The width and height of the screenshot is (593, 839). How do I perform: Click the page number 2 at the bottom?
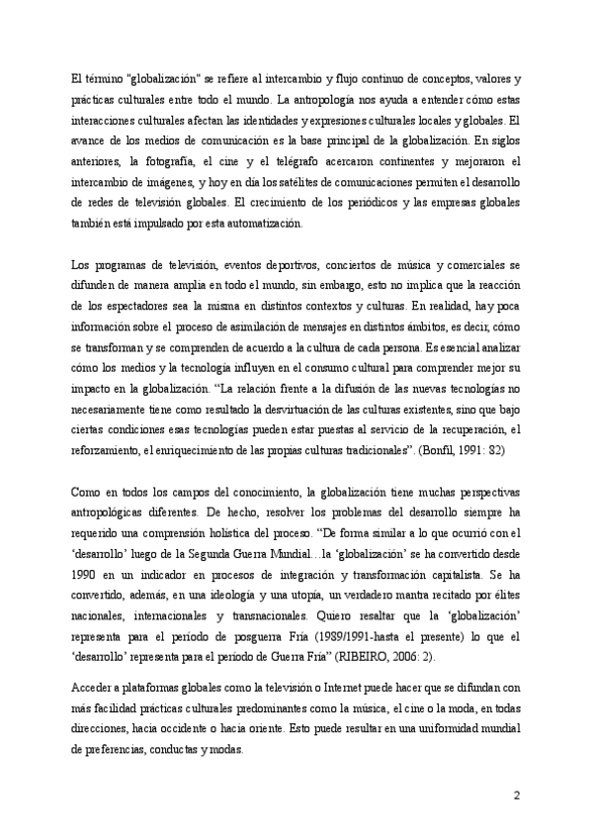click(x=516, y=795)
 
